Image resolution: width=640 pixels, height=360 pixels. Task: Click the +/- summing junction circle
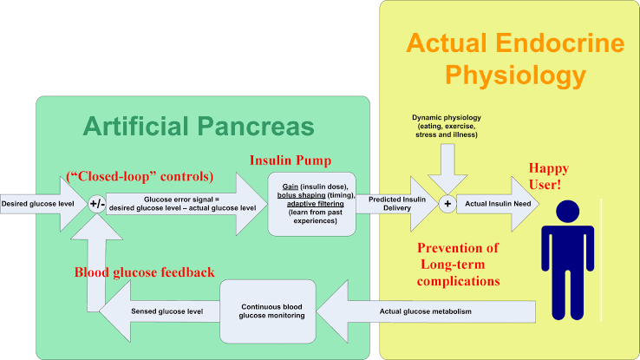pos(97,204)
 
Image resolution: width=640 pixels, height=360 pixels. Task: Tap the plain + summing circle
pos(447,204)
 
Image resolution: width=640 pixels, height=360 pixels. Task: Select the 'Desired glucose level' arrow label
pos(37,204)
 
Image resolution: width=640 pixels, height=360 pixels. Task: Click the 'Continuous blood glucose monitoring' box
pos(268,311)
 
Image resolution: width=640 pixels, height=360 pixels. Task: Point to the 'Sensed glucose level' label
pos(167,311)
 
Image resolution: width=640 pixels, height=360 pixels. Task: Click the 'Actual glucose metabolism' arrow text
pos(425,311)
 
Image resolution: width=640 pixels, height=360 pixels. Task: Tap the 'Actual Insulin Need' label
pos(498,204)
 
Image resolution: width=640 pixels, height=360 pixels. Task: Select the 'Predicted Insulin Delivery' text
pos(397,204)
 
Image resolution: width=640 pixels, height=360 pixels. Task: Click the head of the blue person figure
pos(568,211)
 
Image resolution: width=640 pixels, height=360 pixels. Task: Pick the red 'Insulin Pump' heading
pos(291,160)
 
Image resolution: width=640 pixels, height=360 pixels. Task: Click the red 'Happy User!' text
pos(549,176)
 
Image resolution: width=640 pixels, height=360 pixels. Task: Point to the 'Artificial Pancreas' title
pos(199,126)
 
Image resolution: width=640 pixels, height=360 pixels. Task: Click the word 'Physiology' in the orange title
pos(515,75)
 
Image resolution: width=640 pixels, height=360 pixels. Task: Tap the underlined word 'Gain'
pos(291,187)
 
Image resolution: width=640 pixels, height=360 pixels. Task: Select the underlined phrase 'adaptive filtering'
pos(315,204)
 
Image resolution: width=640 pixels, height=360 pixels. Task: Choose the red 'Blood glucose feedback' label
pos(145,272)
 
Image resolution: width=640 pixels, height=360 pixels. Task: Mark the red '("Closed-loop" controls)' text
pos(140,176)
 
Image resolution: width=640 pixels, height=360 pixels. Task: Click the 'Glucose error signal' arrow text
pos(182,204)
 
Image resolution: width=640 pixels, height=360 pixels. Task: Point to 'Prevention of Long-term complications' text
pos(458,265)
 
